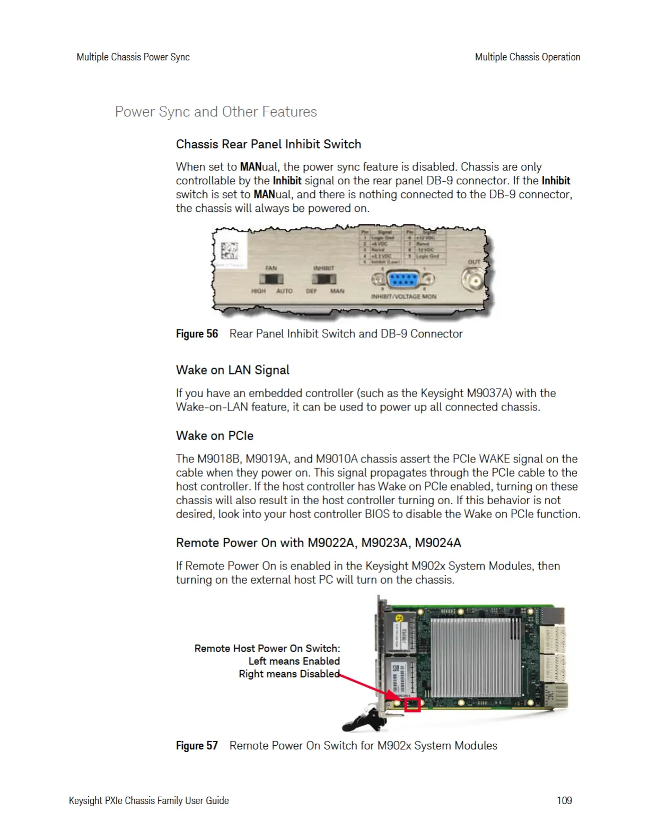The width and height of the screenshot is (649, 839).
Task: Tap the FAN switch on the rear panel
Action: tap(271, 279)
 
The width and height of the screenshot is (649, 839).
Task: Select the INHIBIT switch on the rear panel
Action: tap(324, 279)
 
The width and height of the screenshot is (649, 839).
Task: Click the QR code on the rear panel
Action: tap(230, 251)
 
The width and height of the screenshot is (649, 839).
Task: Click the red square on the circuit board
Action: tap(413, 704)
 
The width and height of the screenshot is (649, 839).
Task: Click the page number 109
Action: tap(564, 800)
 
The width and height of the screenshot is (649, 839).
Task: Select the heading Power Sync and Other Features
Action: tap(216, 112)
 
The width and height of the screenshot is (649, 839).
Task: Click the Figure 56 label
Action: tap(197, 334)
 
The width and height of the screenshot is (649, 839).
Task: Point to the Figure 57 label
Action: tap(197, 746)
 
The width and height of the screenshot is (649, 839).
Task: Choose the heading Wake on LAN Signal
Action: tap(233, 370)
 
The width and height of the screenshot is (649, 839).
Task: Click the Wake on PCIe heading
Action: tap(215, 436)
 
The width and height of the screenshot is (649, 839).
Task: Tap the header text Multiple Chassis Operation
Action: tap(528, 57)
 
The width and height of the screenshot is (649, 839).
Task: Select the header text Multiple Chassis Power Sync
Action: tap(133, 57)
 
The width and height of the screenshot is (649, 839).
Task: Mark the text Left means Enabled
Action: tap(294, 661)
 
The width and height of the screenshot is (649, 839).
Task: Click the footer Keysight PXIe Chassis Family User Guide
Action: tap(149, 800)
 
